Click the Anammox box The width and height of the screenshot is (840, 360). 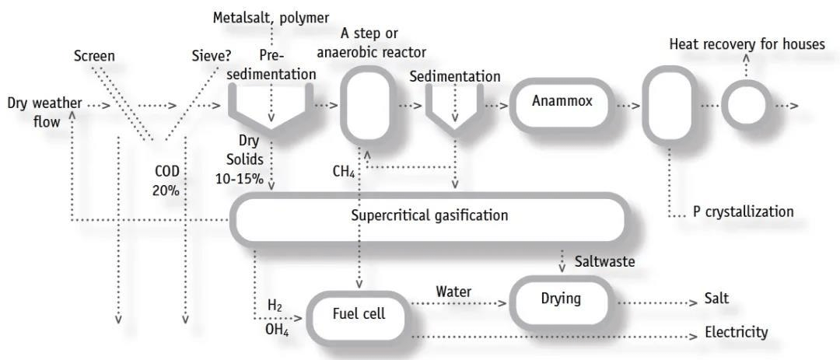[x=557, y=103]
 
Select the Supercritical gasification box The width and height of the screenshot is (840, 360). [x=429, y=215]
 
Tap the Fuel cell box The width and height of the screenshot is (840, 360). [x=358, y=314]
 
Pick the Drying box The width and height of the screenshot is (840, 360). [x=561, y=298]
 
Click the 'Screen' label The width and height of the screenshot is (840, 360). [x=94, y=56]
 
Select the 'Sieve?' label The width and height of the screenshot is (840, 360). [x=212, y=56]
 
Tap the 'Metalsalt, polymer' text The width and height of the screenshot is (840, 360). [x=271, y=17]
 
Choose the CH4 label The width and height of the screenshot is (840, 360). [x=343, y=170]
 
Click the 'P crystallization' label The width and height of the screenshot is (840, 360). [x=743, y=211]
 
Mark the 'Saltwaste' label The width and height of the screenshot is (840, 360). [x=604, y=261]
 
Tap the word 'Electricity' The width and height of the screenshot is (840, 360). [x=736, y=333]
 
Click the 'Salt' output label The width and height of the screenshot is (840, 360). [x=716, y=299]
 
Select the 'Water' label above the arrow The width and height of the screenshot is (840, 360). [x=453, y=292]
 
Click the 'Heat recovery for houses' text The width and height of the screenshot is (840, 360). [x=747, y=44]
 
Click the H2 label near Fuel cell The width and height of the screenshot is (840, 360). [x=275, y=306]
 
